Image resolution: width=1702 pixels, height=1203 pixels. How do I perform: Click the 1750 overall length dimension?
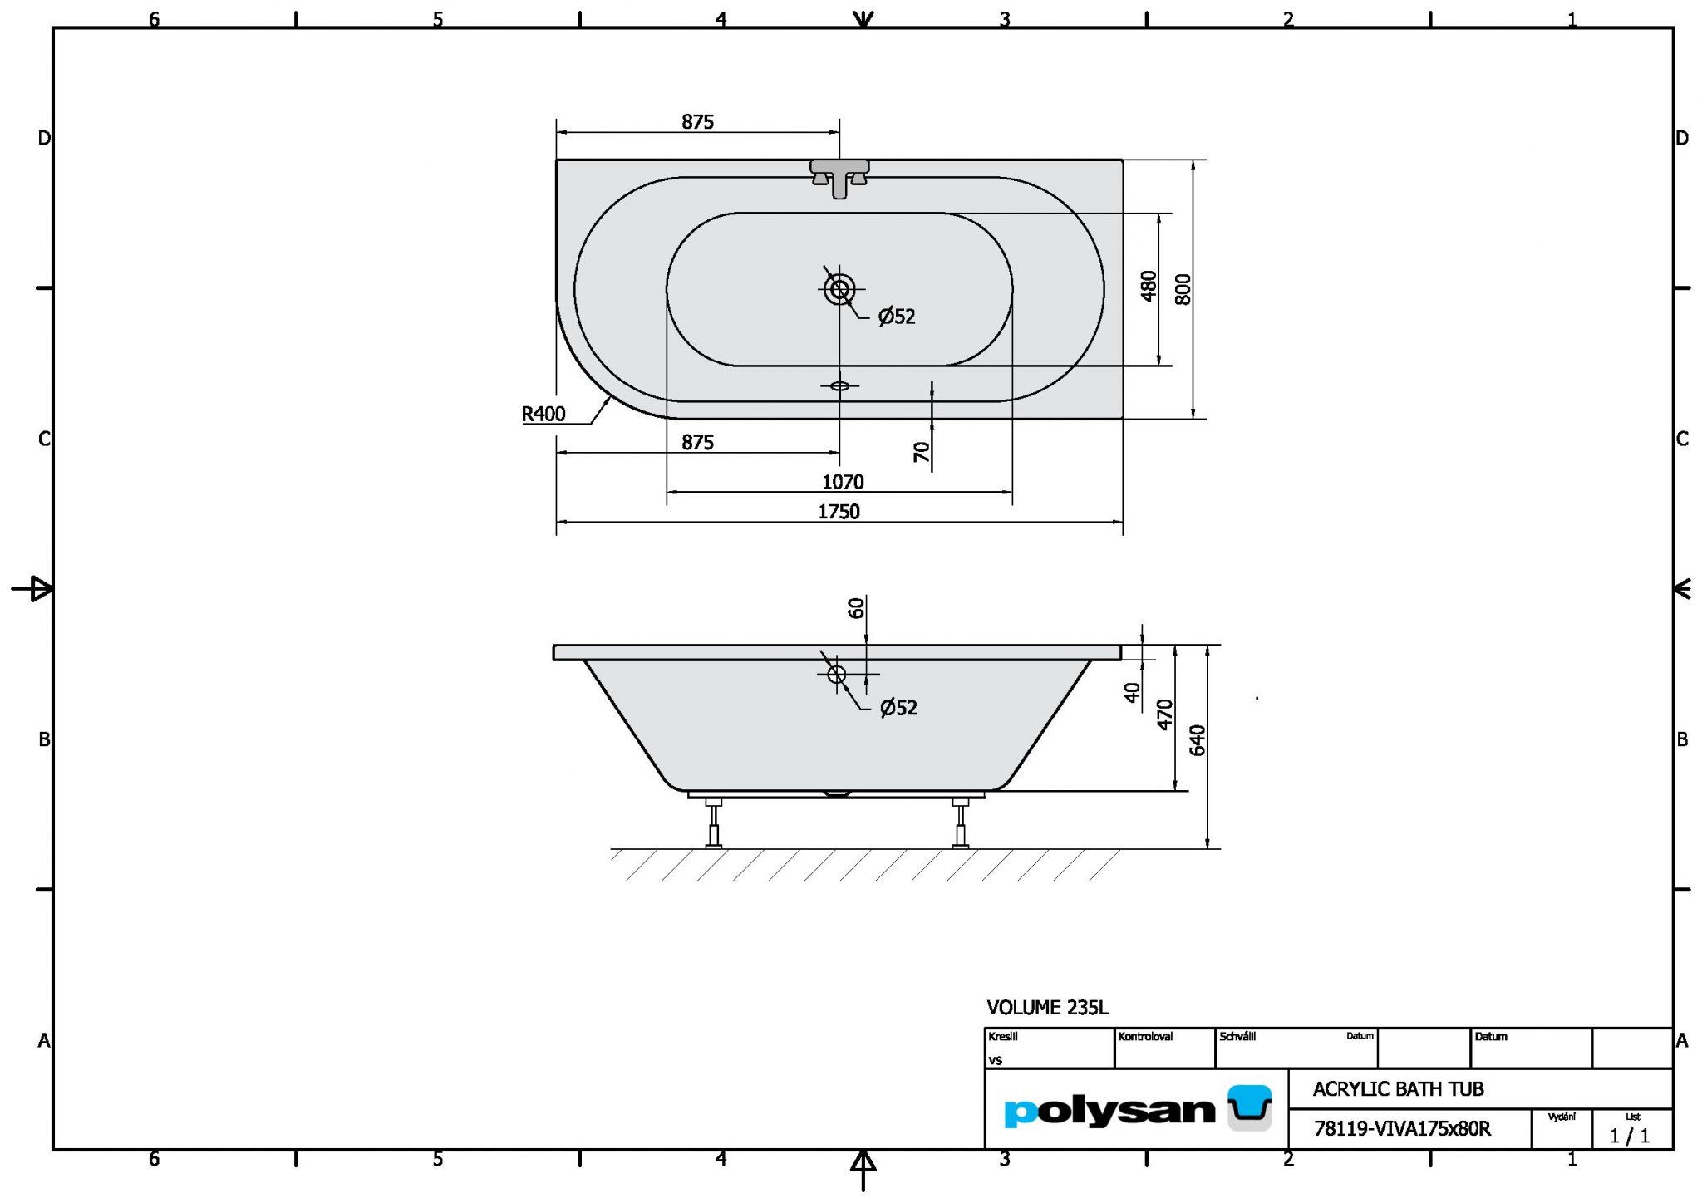[839, 512]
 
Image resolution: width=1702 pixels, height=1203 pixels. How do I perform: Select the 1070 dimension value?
[843, 482]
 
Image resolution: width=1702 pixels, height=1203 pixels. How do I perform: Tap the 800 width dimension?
[1183, 289]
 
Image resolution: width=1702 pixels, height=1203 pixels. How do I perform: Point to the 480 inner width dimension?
[1149, 286]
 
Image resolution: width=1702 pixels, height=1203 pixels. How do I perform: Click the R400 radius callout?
[544, 413]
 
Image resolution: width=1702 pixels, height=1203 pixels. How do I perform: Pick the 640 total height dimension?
[1198, 739]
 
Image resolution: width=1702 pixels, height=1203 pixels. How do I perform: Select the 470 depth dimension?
[1165, 714]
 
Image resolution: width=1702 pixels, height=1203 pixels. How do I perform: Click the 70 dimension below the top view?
[922, 452]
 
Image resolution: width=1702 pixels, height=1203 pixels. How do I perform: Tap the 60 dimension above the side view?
[856, 608]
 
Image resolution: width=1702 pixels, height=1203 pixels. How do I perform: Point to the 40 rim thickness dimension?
[1132, 692]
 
